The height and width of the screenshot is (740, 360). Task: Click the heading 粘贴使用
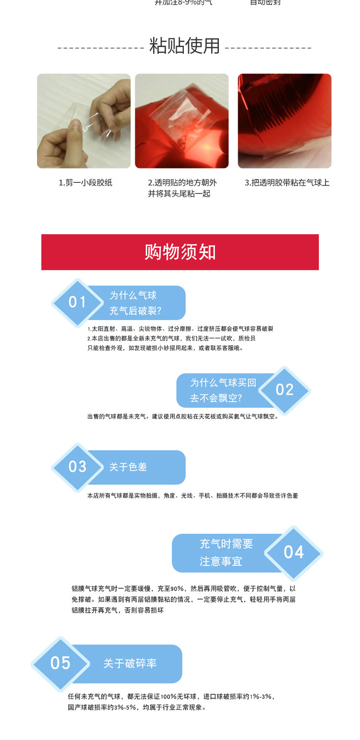point(185,46)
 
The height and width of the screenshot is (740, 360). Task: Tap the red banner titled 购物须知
point(180,252)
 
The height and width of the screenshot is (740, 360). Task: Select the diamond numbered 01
point(77,302)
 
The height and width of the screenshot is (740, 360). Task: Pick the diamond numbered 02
point(285,390)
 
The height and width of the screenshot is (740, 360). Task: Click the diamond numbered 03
point(77,467)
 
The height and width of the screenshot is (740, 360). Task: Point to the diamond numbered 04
point(294,552)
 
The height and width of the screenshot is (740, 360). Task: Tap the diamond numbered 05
point(60,663)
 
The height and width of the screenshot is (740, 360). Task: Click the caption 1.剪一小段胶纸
point(85,183)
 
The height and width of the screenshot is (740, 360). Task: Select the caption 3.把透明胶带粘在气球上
point(287,183)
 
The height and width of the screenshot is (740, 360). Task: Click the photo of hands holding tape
point(84,121)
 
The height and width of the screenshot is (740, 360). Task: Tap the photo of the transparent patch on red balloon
point(181,121)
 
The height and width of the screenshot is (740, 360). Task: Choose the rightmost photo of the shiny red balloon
point(285,121)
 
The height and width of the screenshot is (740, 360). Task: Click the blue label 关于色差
point(128,467)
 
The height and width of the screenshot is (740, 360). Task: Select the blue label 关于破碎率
point(130,664)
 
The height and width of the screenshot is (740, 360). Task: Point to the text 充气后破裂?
point(135,310)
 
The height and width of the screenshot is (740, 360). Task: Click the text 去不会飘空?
point(216,398)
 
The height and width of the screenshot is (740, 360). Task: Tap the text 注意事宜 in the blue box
point(221,561)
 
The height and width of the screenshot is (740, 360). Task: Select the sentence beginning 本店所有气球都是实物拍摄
point(192,495)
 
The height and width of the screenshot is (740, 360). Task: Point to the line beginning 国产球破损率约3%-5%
point(137,707)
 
